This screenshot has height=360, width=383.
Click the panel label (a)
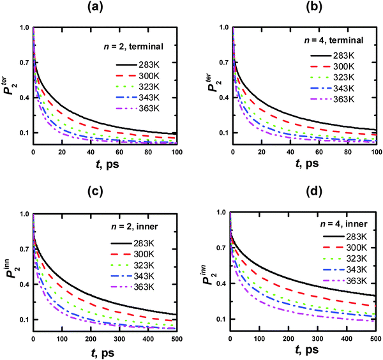(x=106, y=10)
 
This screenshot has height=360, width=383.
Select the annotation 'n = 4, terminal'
(x=336, y=41)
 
